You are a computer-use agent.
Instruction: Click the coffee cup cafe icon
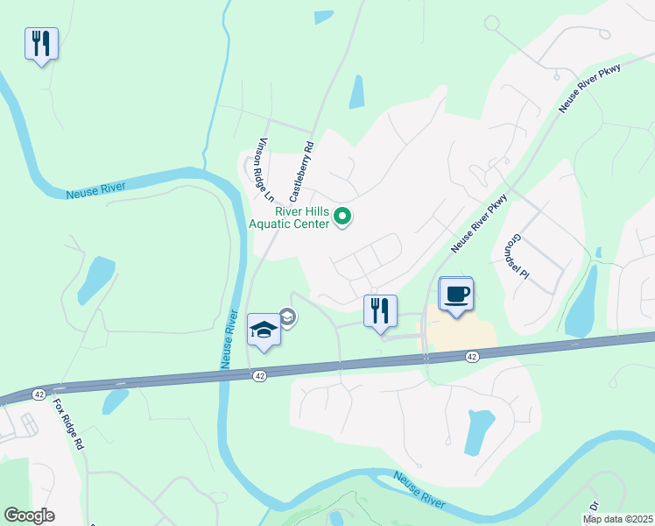(x=455, y=294)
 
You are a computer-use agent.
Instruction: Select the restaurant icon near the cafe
(x=380, y=310)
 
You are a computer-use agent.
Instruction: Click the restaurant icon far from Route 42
(x=41, y=43)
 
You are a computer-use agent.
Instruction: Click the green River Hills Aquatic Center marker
(x=344, y=216)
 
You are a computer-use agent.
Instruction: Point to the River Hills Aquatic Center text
(x=290, y=217)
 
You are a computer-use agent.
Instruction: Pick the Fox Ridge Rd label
(x=67, y=425)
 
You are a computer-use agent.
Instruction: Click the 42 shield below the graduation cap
(x=259, y=375)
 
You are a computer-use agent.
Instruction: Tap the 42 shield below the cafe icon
(x=472, y=356)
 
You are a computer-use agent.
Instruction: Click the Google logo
(x=30, y=515)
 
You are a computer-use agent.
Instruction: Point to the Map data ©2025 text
(x=617, y=519)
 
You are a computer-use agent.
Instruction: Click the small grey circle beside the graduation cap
(x=286, y=316)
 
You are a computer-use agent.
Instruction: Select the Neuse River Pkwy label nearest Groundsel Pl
(x=479, y=224)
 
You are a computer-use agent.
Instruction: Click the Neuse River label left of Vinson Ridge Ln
(x=96, y=189)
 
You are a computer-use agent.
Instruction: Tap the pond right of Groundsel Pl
(x=581, y=303)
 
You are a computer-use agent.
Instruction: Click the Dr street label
(x=595, y=506)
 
